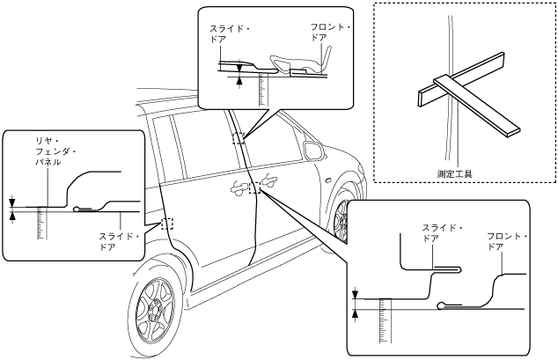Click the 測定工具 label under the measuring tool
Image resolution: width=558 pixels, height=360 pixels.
455,173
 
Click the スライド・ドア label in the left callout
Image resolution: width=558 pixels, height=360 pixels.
116,241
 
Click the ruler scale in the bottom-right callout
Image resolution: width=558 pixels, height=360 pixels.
382,321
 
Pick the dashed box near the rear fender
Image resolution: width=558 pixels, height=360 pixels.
168,224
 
